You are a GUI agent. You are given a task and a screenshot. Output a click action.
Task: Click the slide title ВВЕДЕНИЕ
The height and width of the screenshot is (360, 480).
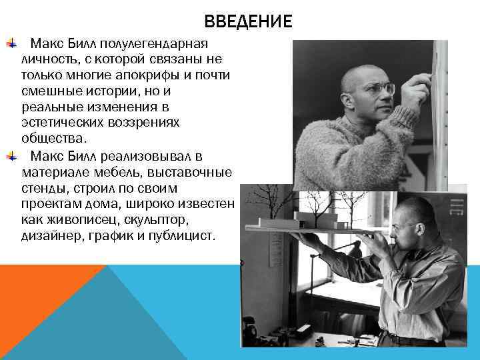248,21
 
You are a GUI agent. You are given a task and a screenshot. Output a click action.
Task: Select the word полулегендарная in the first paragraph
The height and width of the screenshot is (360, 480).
155,44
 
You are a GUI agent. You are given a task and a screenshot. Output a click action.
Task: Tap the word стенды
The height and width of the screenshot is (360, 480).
42,189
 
